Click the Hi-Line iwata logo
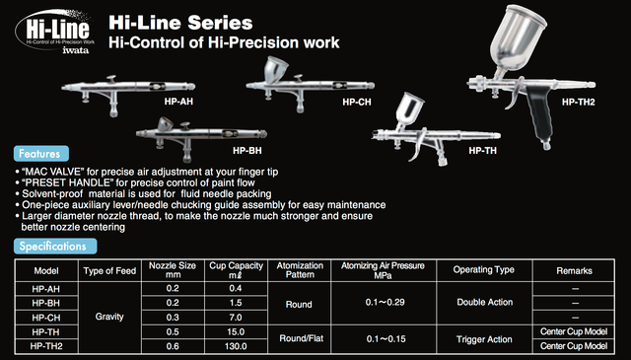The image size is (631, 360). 55,33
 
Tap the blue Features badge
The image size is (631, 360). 41,154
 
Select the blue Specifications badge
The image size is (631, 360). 55,246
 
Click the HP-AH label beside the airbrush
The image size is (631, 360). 178,102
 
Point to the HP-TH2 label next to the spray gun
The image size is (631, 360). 578,102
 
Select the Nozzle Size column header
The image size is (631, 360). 173,270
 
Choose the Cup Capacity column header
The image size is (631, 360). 236,270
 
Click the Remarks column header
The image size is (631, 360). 574,270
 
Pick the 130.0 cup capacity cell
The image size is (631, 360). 236,346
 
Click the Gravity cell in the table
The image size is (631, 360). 109,317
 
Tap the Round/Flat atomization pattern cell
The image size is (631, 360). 301,338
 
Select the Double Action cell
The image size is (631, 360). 484,302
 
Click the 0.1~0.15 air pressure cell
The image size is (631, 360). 386,339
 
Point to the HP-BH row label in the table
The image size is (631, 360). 46,303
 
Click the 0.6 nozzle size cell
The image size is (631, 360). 173,346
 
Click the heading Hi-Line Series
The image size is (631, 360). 180,23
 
